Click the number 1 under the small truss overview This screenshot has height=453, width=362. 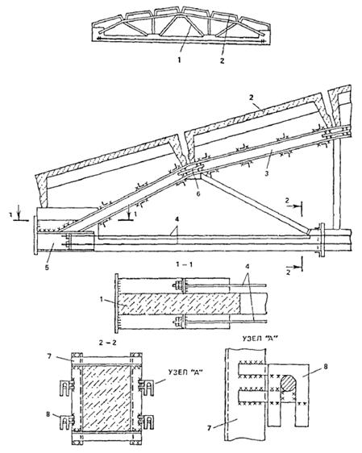click(180, 60)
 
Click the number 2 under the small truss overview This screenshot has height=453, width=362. click(222, 60)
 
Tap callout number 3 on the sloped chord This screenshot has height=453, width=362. click(267, 173)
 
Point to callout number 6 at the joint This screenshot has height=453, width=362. click(198, 193)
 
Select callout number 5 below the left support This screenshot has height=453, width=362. click(47, 267)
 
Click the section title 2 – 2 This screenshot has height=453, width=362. click(107, 343)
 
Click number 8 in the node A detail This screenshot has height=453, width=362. click(325, 367)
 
